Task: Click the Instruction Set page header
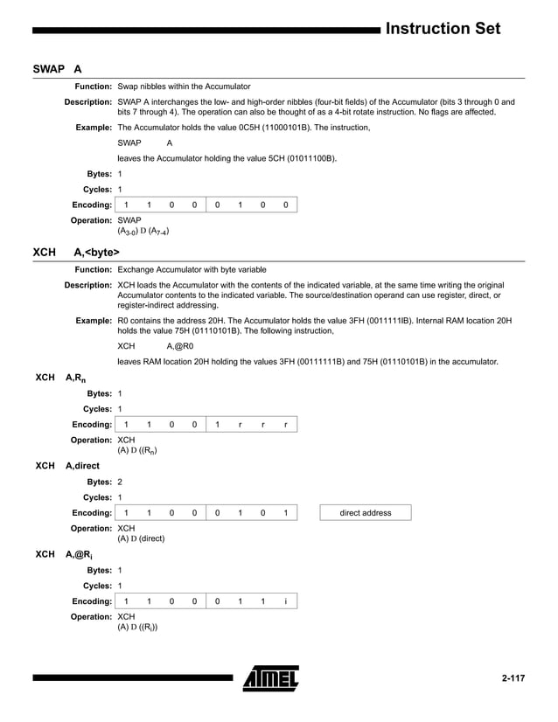coord(443,29)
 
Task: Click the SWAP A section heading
coord(58,68)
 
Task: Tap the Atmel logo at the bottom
coord(271,678)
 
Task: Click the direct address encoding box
coord(366,512)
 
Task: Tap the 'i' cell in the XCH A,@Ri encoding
coord(285,601)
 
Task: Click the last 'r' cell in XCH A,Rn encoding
coord(285,424)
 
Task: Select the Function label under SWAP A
coord(93,87)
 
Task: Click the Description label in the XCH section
coord(88,286)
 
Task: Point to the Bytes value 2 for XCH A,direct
coord(120,482)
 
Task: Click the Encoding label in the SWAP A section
coord(92,205)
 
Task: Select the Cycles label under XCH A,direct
coord(97,497)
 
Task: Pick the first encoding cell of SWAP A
coord(127,205)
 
